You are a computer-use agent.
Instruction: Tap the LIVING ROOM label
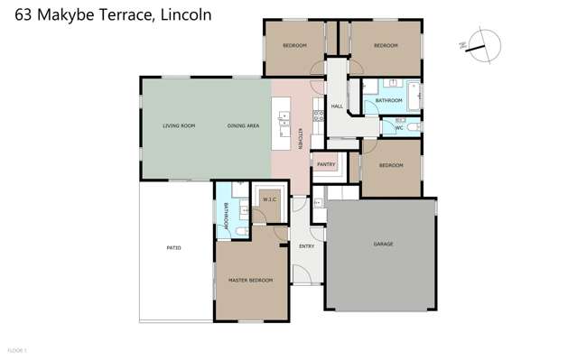pyautogui.click(x=179, y=125)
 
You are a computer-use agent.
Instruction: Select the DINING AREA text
pyautogui.click(x=243, y=125)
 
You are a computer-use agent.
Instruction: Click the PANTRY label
pyautogui.click(x=326, y=165)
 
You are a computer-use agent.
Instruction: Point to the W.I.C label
pyautogui.click(x=269, y=198)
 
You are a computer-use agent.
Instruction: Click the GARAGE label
pyautogui.click(x=383, y=244)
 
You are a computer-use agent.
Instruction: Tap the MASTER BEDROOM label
pyautogui.click(x=250, y=281)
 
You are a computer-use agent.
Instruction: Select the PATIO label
pyautogui.click(x=173, y=247)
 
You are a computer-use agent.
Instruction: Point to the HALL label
pyautogui.click(x=337, y=106)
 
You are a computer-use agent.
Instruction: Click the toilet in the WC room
pyautogui.click(x=412, y=127)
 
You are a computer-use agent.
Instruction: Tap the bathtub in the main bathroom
pyautogui.click(x=413, y=95)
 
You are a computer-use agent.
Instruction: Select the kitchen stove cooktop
pyautogui.click(x=318, y=115)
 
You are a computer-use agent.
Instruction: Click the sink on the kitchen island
pyautogui.click(x=284, y=116)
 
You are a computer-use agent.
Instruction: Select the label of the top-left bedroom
pyautogui.click(x=294, y=45)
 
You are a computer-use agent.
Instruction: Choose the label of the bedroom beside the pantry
pyautogui.click(x=390, y=165)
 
